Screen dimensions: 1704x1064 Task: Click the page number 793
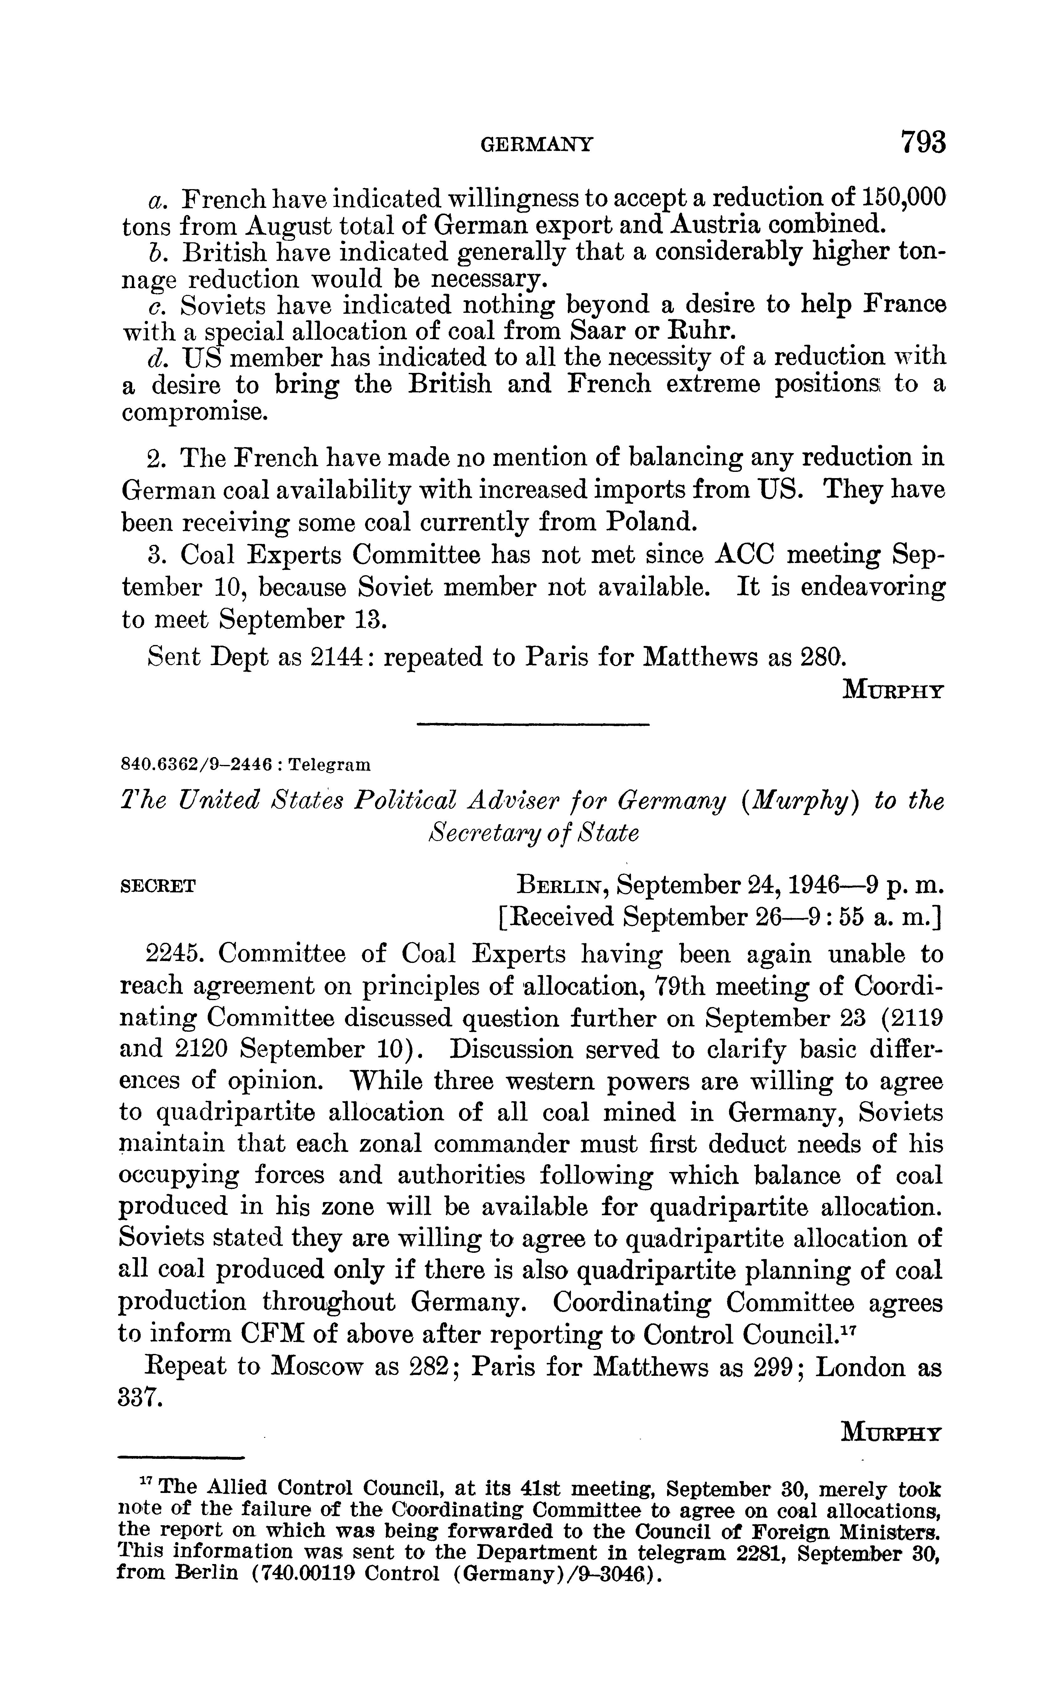tap(923, 143)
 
